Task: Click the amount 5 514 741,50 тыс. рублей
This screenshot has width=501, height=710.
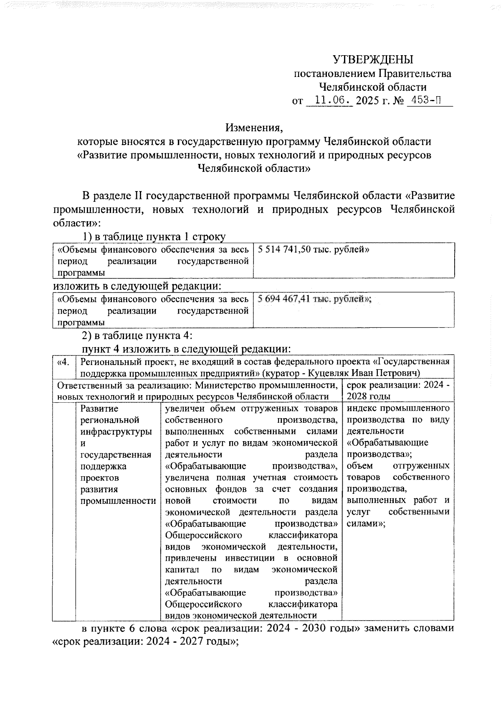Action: (313, 250)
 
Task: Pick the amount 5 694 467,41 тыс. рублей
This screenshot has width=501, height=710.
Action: (314, 299)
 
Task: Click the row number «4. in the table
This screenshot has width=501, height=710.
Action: (63, 361)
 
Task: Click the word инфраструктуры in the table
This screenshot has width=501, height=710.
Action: (116, 432)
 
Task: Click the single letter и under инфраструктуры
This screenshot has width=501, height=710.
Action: (83, 443)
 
